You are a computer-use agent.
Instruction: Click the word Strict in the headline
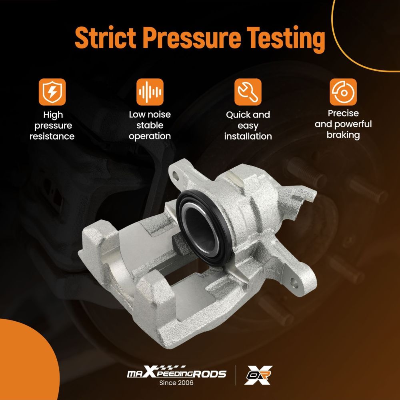pyautogui.click(x=105, y=37)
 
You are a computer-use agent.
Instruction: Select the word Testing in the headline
pyautogui.click(x=286, y=40)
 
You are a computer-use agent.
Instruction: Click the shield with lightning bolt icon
pyautogui.click(x=52, y=92)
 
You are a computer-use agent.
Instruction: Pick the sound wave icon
pyautogui.click(x=150, y=92)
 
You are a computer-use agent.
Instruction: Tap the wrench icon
pyautogui.click(x=248, y=92)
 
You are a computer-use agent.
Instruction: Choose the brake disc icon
pyautogui.click(x=343, y=92)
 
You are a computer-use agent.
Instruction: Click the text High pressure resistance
pyautogui.click(x=52, y=126)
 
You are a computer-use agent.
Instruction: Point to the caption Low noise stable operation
pyautogui.click(x=150, y=125)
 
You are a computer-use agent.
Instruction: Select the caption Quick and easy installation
pyautogui.click(x=248, y=126)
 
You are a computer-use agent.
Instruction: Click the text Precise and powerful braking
pyautogui.click(x=343, y=124)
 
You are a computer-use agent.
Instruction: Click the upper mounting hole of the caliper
pyautogui.click(x=176, y=175)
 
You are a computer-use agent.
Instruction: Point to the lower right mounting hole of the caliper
pyautogui.click(x=294, y=283)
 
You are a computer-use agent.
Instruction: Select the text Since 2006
pyautogui.click(x=176, y=383)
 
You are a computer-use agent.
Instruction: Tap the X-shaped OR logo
pyautogui.click(x=258, y=375)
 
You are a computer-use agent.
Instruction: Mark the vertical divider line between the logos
pyautogui.click(x=236, y=375)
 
